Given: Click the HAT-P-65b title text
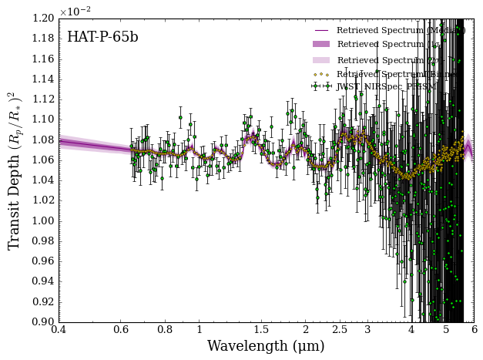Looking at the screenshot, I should [x=102, y=37].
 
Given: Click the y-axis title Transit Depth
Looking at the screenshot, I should [x=15, y=170].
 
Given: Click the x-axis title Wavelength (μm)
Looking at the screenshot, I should [x=266, y=346].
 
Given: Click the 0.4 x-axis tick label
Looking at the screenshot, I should [x=59, y=330].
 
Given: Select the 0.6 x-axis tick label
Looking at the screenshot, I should [x=122, y=330].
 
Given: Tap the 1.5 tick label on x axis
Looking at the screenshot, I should [x=261, y=330].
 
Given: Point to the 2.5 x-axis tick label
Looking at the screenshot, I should [x=340, y=330].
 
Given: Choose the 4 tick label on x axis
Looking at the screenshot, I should [x=411, y=330].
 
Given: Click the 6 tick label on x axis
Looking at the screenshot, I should [x=474, y=330].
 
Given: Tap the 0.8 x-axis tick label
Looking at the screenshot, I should [x=165, y=330].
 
